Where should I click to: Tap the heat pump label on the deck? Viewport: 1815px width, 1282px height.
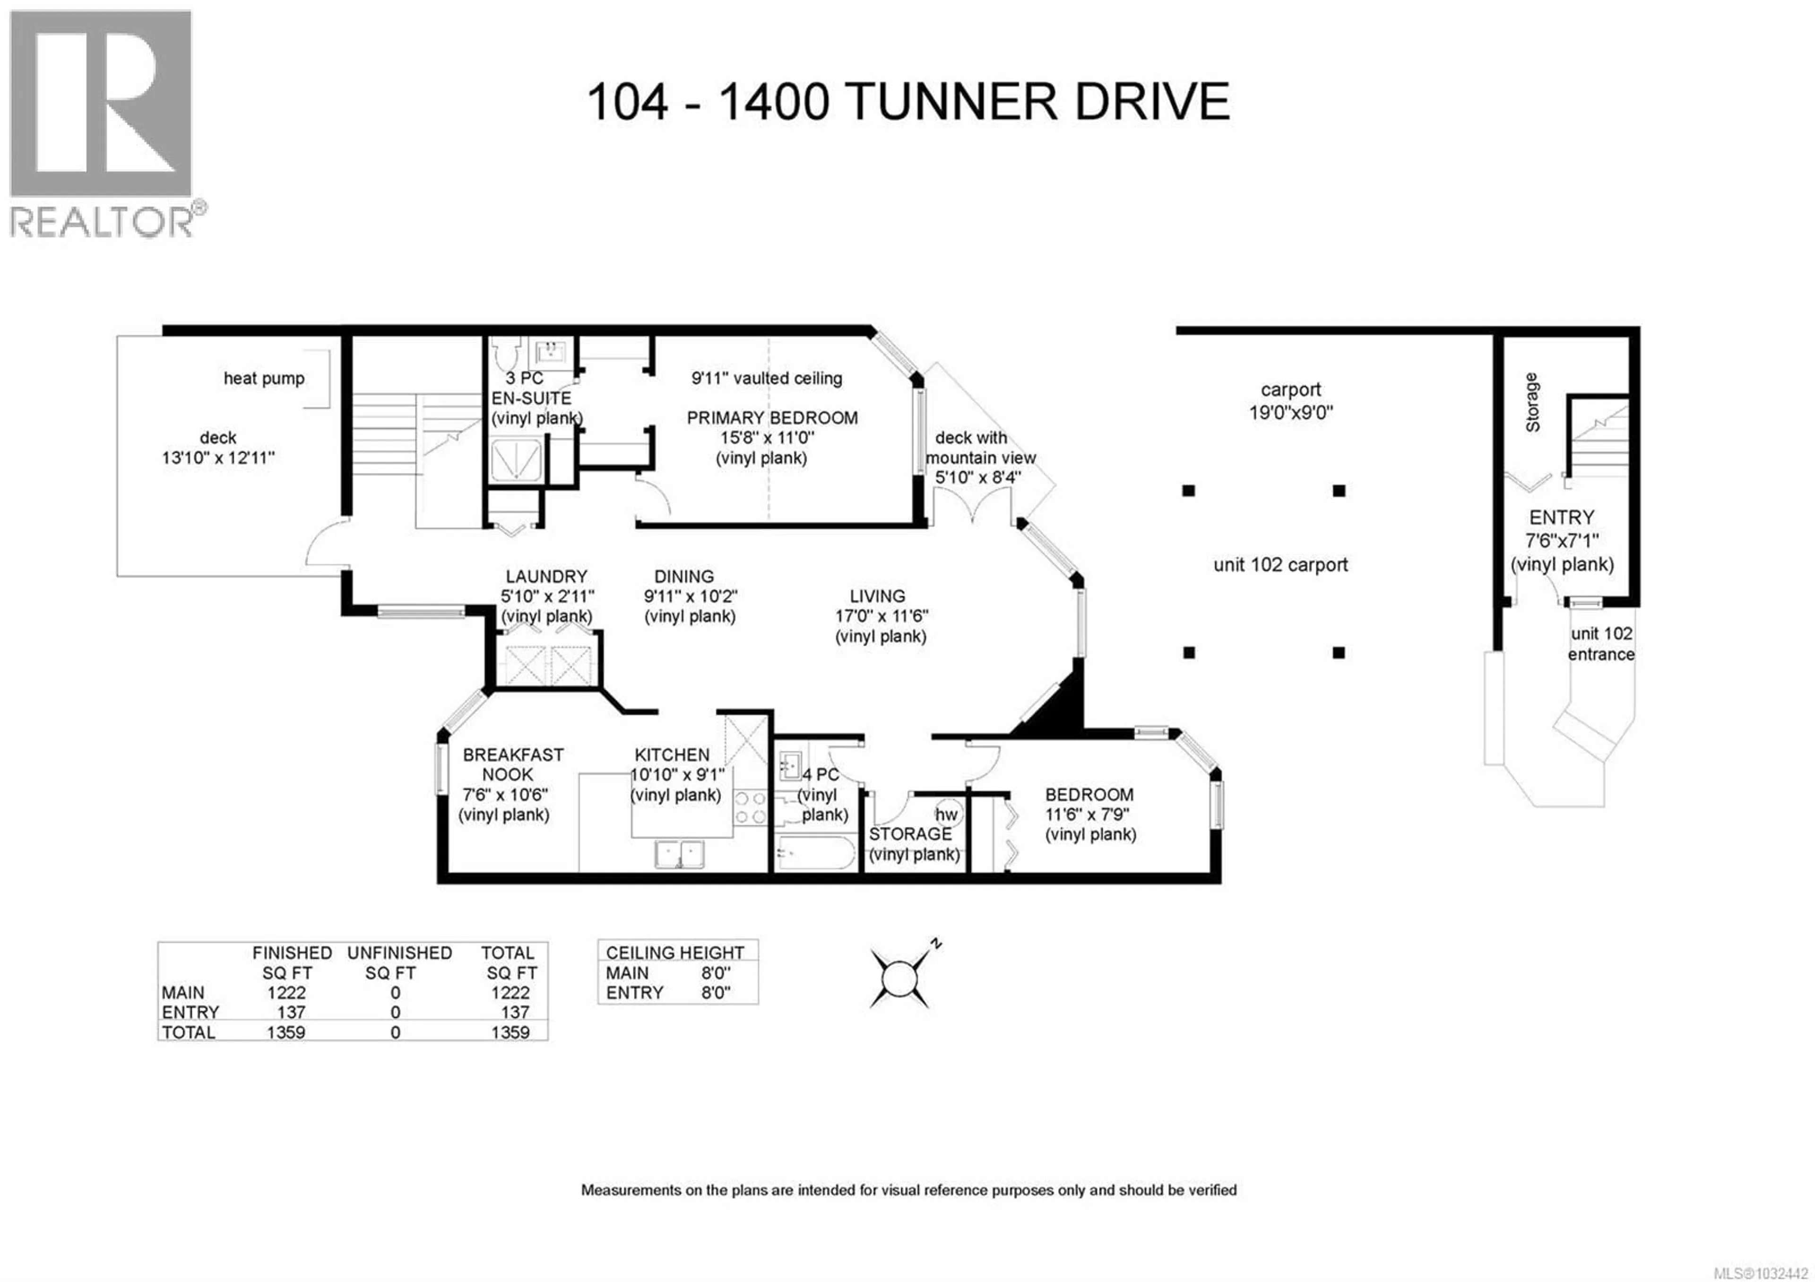[x=264, y=379]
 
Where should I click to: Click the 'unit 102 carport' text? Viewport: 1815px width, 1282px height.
[x=1280, y=565]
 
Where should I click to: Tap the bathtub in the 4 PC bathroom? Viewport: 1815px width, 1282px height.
[x=815, y=854]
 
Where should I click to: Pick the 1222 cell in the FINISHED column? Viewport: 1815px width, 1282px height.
[x=286, y=993]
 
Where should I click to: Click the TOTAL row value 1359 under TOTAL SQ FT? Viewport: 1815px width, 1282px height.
[x=510, y=1032]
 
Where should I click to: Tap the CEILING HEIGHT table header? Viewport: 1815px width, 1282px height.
[x=674, y=953]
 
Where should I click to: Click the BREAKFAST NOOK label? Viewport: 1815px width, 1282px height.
[x=512, y=764]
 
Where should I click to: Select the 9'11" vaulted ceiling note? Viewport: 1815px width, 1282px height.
[x=766, y=379]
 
